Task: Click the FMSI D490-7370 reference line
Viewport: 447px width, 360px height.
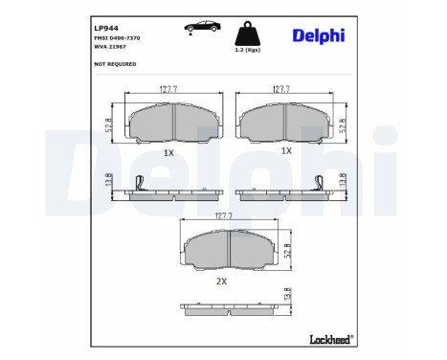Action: click(x=117, y=36)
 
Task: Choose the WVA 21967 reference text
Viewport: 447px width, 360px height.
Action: click(x=109, y=45)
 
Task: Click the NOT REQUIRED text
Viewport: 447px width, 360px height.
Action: click(x=115, y=64)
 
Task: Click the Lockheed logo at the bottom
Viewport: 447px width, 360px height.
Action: click(x=329, y=338)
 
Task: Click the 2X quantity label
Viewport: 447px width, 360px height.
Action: click(x=221, y=281)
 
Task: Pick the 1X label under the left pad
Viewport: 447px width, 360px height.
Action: click(x=168, y=151)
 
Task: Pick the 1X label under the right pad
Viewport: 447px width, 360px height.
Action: click(x=285, y=151)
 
